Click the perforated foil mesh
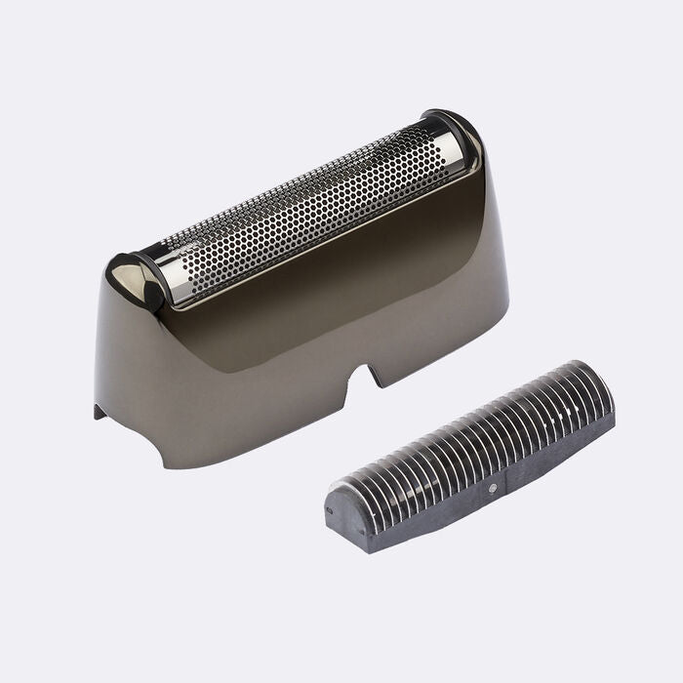(302, 209)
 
